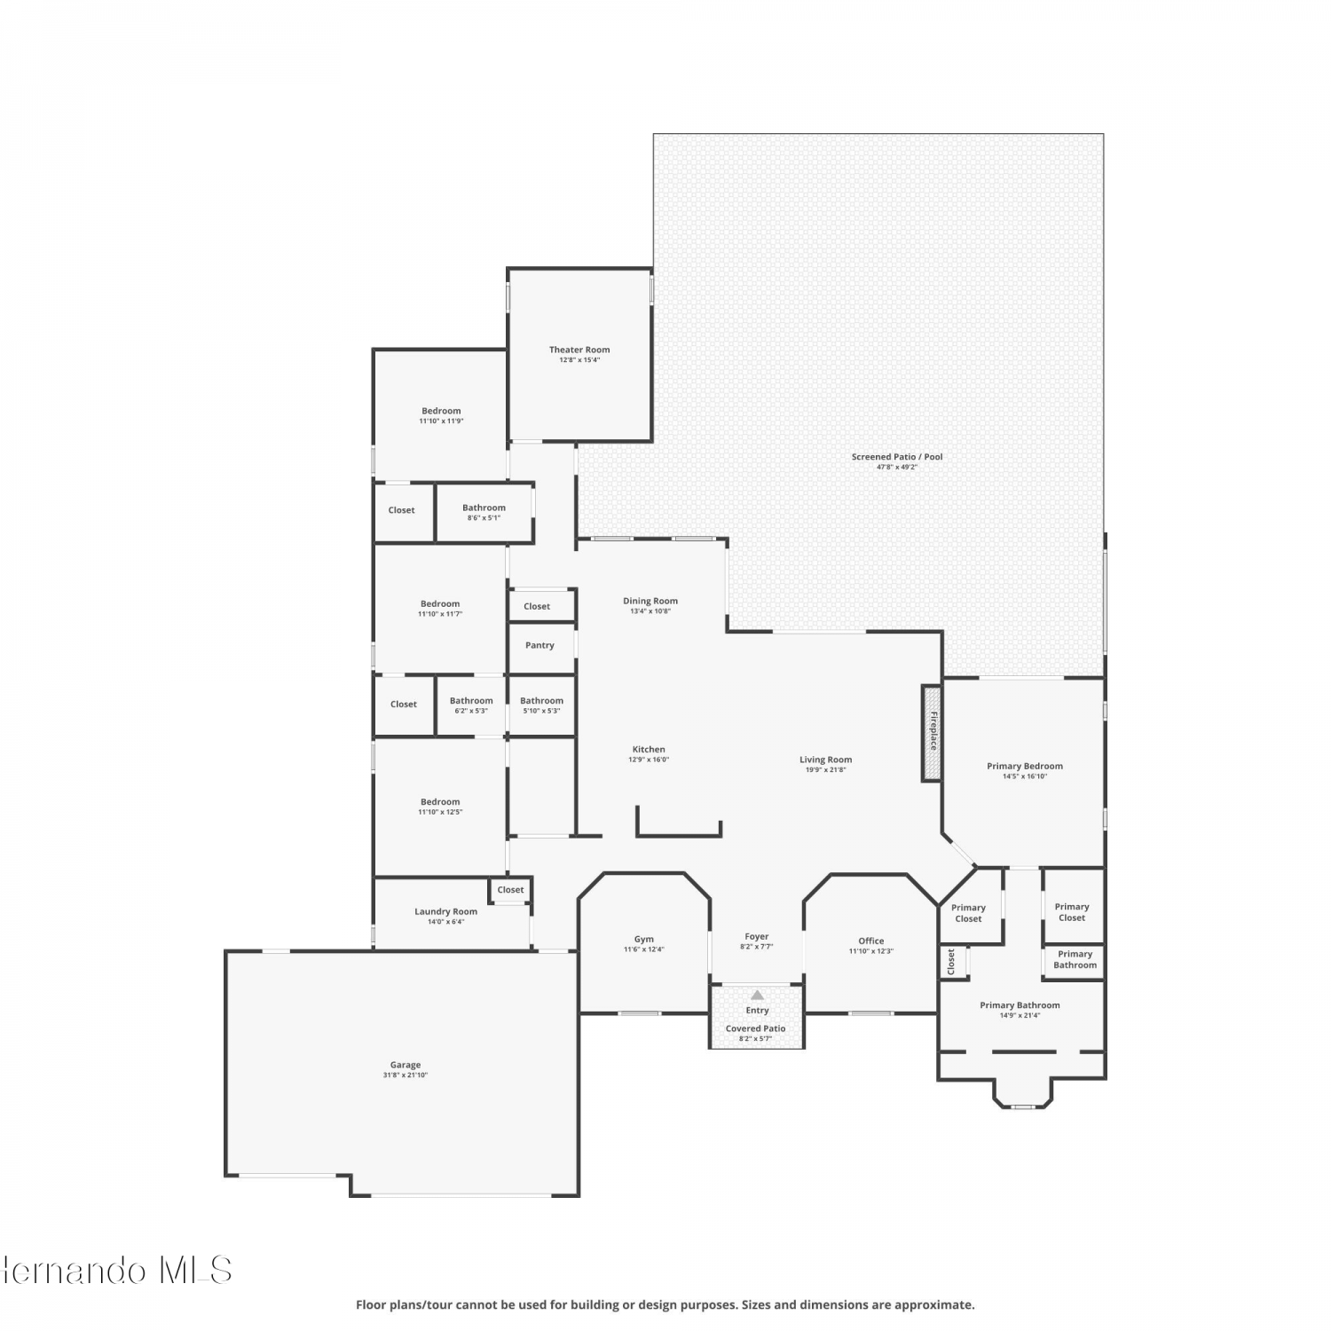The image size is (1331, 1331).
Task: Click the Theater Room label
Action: point(579,350)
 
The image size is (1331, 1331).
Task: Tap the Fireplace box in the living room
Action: point(931,733)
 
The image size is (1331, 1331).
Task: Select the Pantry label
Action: point(539,645)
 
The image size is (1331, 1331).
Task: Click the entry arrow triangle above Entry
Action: point(757,995)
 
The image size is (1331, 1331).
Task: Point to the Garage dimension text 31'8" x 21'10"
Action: point(406,1075)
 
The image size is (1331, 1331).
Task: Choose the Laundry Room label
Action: point(445,911)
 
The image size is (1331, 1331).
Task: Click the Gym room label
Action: point(644,939)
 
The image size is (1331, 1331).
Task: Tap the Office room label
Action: point(871,941)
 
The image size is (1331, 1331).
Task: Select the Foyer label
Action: point(757,936)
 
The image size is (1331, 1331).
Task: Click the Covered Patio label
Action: point(756,1028)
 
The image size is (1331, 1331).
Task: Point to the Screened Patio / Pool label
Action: point(897,457)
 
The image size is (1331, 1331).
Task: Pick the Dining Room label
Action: point(650,601)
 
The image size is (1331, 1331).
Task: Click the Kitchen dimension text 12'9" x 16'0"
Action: point(649,760)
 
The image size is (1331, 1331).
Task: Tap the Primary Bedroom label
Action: point(1025,766)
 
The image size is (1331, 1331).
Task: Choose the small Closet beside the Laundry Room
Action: point(510,889)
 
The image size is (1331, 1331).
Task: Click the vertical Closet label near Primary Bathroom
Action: point(951,962)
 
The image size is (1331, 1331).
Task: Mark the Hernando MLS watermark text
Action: point(116,1270)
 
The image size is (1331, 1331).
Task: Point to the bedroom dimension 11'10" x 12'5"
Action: point(440,812)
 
